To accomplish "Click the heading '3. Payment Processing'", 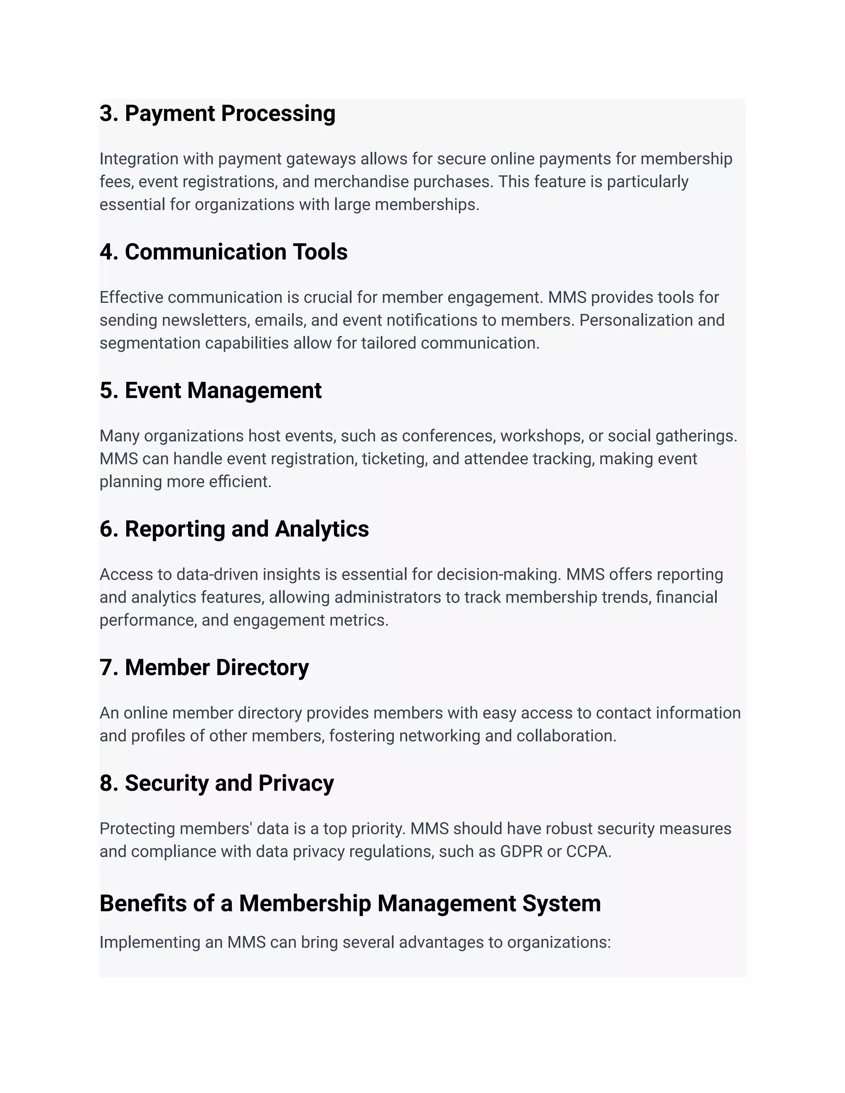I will (x=217, y=113).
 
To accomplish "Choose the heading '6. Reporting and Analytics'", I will (x=234, y=530).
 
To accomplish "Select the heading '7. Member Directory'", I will (x=204, y=668).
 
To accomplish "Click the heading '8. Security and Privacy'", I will (x=216, y=784).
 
